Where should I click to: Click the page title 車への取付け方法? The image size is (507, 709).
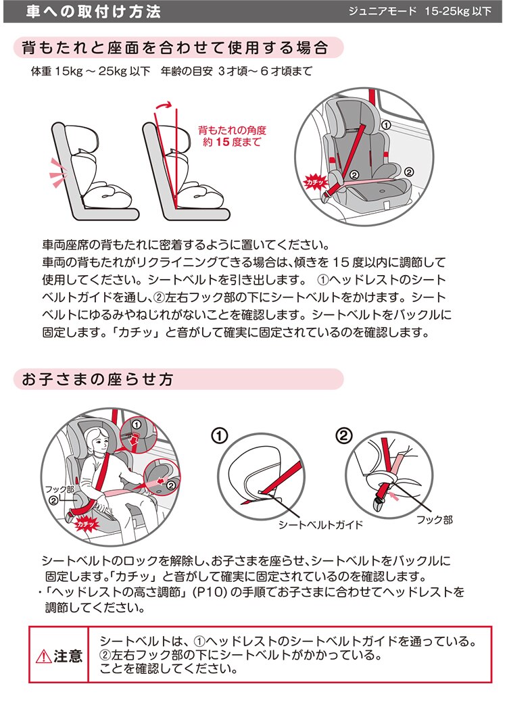click(93, 11)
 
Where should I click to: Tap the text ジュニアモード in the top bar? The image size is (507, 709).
click(382, 11)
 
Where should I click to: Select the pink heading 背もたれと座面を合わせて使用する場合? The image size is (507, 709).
click(174, 48)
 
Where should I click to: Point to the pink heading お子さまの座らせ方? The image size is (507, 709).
click(97, 379)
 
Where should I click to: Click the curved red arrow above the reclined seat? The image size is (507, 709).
click(164, 106)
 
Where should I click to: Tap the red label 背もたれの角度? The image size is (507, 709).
click(232, 130)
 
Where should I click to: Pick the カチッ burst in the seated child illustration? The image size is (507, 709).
click(85, 524)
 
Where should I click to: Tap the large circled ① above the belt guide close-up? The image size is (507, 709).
click(219, 436)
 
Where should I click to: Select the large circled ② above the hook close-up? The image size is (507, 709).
click(343, 435)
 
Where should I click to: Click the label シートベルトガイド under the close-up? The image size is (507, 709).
click(320, 525)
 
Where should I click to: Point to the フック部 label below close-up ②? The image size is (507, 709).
click(435, 520)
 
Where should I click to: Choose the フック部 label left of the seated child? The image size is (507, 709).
click(59, 489)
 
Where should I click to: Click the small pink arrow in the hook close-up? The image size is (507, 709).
click(394, 497)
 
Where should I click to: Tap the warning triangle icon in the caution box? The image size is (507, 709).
click(43, 656)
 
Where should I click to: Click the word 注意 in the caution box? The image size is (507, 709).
click(68, 656)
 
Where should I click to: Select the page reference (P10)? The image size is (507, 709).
click(210, 592)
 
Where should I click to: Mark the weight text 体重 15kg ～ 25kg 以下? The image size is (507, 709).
click(91, 72)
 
